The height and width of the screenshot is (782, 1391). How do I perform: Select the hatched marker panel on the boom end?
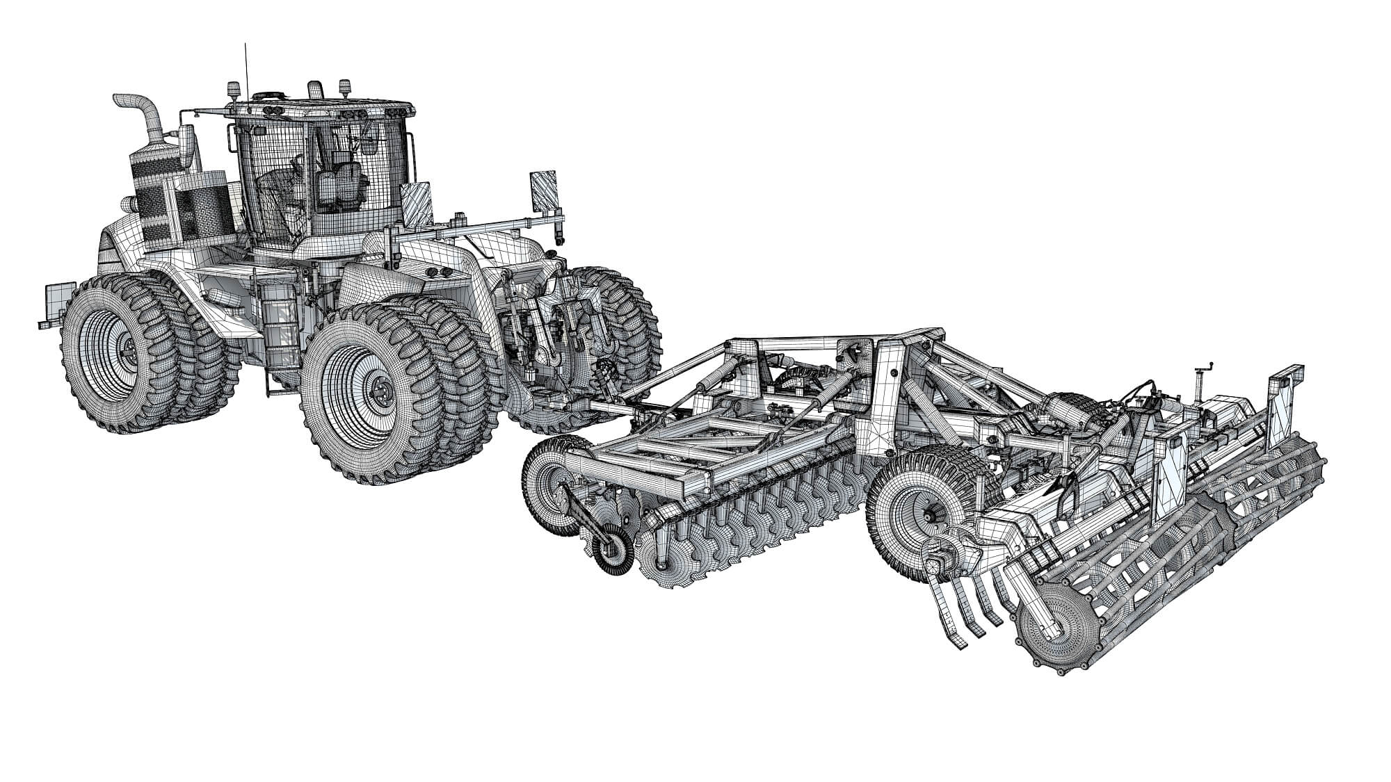click(545, 189)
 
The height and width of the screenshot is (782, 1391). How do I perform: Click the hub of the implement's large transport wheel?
click(928, 514)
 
